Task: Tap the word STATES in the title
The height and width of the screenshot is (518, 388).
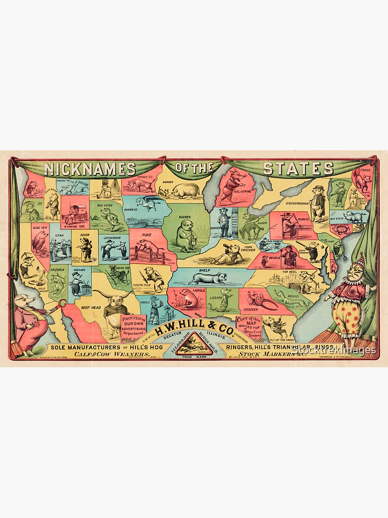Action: coord(298,168)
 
